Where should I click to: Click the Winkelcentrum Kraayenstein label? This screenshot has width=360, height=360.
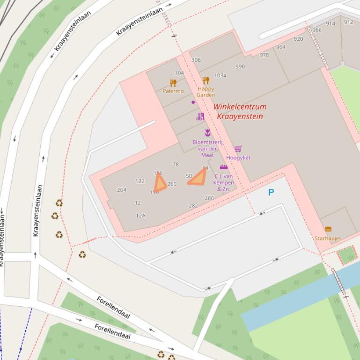(x=240, y=111)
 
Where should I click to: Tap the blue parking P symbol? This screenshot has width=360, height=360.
(x=271, y=192)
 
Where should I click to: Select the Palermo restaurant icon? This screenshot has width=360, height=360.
(x=173, y=83)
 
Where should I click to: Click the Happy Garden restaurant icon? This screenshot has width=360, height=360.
(x=206, y=80)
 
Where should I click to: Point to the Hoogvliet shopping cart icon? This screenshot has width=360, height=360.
(x=238, y=149)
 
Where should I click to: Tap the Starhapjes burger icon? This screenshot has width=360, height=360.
(x=328, y=230)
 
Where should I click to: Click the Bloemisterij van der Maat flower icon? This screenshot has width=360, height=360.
(x=207, y=133)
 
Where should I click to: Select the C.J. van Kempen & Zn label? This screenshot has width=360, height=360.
(x=224, y=182)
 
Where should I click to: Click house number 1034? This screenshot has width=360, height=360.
(x=220, y=75)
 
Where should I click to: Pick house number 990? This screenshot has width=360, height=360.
(x=240, y=66)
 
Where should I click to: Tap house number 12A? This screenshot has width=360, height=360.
(x=140, y=216)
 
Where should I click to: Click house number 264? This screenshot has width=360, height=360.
(x=122, y=190)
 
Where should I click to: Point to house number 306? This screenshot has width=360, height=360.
(x=196, y=60)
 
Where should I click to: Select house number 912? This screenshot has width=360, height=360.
(x=349, y=22)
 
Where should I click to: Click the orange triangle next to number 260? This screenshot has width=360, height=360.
(x=160, y=183)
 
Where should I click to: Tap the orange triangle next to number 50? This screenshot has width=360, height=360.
(x=198, y=178)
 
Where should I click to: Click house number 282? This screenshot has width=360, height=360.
(x=193, y=206)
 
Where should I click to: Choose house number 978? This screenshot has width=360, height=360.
(x=264, y=55)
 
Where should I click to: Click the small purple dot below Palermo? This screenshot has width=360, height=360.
(x=193, y=102)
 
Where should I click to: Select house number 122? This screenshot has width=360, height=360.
(x=140, y=181)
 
